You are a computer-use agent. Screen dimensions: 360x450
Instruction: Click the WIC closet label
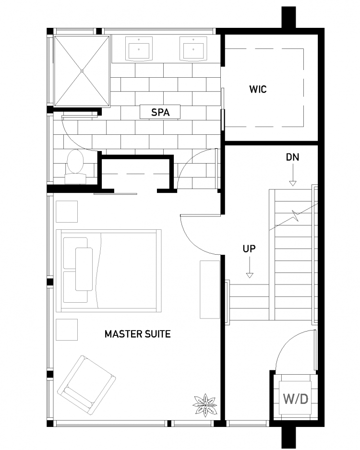258,89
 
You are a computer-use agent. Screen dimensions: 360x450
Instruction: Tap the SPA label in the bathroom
160,112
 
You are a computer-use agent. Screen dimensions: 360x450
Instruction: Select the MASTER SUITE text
137,334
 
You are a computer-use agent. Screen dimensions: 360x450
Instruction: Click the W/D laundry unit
295,398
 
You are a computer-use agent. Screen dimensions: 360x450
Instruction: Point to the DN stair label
292,157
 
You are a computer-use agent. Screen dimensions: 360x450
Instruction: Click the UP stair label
249,249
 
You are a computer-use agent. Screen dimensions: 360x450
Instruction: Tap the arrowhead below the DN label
292,183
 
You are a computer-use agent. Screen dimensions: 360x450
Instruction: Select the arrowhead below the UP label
250,275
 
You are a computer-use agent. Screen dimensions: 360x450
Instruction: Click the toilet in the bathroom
75,166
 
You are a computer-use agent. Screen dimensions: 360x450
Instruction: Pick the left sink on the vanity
139,49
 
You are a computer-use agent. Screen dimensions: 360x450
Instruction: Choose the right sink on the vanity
193,49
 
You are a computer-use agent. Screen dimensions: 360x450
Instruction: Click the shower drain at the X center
82,71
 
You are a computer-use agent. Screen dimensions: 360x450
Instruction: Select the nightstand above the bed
67,212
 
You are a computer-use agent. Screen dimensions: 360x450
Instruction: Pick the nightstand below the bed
67,330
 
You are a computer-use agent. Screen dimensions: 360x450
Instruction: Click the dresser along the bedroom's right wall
210,290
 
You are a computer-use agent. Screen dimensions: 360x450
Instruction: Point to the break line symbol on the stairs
295,216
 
